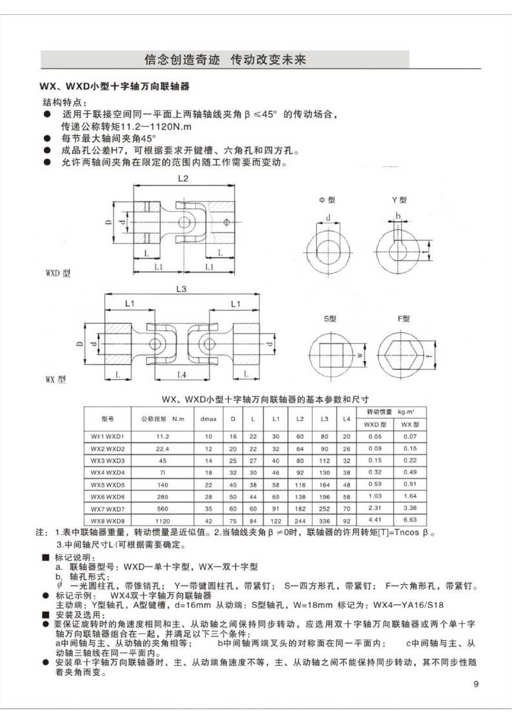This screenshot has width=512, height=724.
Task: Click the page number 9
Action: click(475, 684)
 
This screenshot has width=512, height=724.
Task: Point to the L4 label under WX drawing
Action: click(182, 374)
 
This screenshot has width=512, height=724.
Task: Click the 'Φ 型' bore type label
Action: click(327, 200)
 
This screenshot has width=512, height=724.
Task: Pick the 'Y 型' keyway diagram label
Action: click(400, 200)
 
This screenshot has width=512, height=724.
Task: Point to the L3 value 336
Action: click(324, 518)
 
